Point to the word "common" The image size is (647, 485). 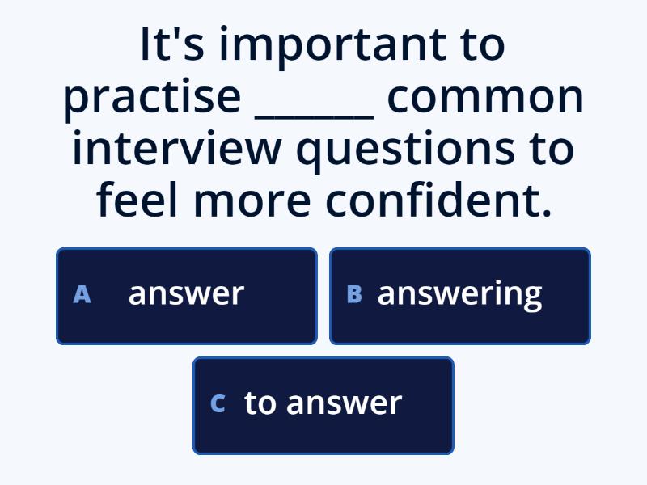[484, 97]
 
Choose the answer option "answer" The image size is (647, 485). [186, 295]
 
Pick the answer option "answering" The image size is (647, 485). [460, 295]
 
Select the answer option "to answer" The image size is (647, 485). [323, 404]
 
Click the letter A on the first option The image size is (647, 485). [82, 295]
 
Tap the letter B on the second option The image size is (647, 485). [353, 295]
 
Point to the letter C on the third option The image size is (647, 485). [217, 404]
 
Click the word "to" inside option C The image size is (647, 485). [260, 403]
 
